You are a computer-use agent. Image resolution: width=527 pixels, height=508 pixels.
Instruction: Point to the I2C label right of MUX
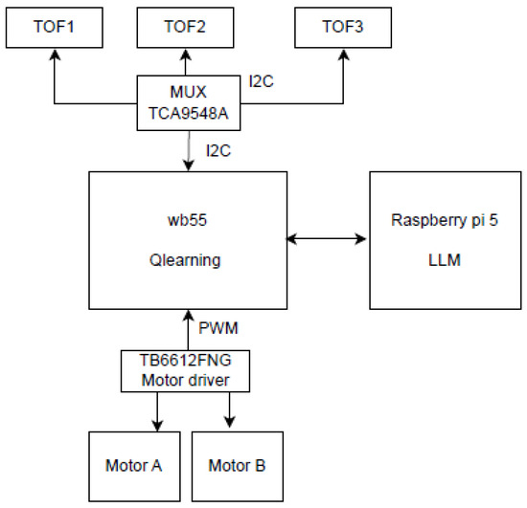262,82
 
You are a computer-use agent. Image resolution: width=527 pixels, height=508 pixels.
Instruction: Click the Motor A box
133,466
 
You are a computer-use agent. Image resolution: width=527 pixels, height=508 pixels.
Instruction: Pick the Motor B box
237,466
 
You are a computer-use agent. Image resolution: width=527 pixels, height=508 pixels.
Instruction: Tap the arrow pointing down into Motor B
230,410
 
